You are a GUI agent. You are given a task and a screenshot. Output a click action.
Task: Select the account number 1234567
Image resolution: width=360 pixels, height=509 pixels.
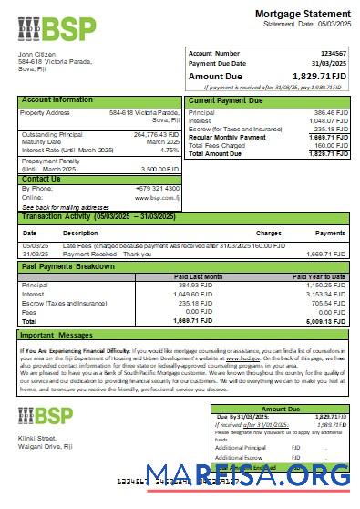[x=331, y=54]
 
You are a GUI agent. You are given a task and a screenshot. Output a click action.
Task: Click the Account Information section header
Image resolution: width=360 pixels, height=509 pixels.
[x=57, y=99]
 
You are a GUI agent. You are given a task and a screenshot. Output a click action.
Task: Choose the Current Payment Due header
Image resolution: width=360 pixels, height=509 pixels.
[x=227, y=99]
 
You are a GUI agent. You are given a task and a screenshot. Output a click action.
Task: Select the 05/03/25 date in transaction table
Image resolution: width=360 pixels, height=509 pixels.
[x=36, y=245]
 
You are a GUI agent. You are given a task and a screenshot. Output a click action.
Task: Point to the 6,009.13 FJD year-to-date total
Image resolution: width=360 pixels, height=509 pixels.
[x=326, y=321]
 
